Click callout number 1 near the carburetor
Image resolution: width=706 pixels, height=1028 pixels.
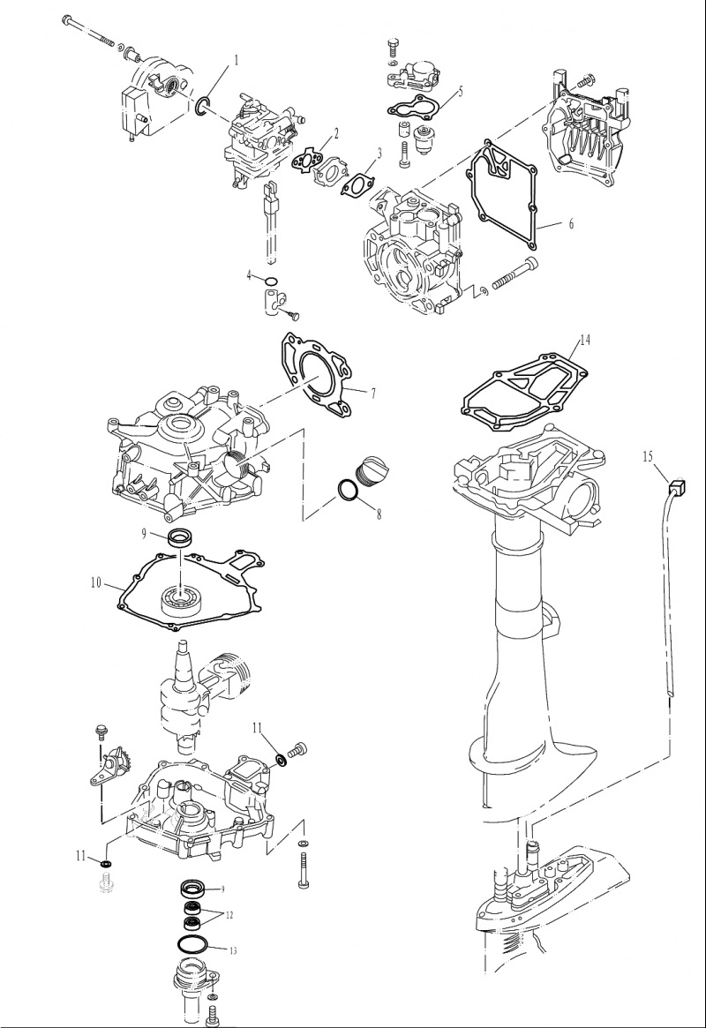tap(237, 60)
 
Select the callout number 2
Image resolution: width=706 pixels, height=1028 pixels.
tap(336, 134)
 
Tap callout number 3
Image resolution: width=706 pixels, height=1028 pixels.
tap(379, 154)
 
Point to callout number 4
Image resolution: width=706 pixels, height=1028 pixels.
tap(249, 275)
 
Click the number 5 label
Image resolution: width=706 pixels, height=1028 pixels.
tap(460, 91)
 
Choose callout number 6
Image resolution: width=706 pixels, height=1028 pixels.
tap(571, 223)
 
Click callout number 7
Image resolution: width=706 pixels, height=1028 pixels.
tap(373, 394)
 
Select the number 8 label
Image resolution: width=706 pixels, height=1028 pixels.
tap(379, 514)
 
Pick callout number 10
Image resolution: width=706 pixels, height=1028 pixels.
tap(96, 582)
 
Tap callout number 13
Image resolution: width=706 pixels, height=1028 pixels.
tap(233, 950)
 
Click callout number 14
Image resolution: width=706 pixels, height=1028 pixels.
tap(585, 340)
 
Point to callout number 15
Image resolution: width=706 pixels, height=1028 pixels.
tap(648, 457)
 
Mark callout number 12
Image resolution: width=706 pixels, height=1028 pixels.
tap(229, 915)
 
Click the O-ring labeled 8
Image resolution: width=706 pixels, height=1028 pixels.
tap(348, 491)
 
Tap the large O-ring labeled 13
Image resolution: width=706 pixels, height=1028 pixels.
tap(193, 944)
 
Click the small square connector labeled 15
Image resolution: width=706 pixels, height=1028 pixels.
tap(677, 487)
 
